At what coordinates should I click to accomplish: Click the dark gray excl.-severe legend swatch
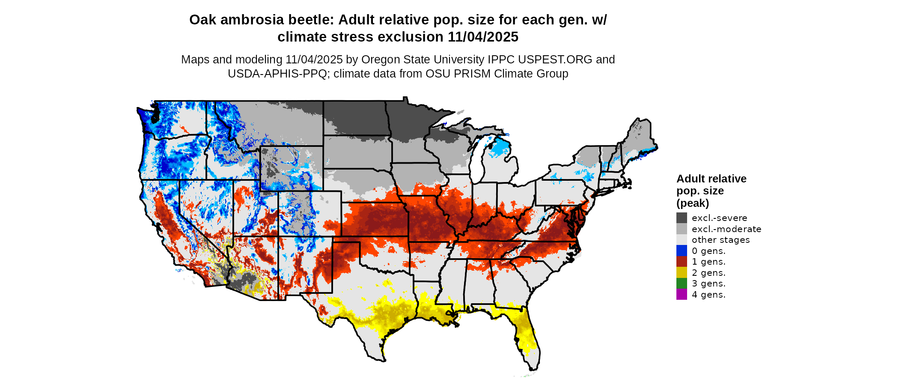coord(682,218)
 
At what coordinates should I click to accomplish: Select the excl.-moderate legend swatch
coord(682,229)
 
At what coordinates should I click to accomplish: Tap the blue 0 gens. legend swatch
coord(682,251)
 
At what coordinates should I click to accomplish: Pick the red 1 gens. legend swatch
coord(682,262)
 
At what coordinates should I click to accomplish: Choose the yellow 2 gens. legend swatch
coord(682,272)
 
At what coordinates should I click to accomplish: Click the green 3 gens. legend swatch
coord(682,284)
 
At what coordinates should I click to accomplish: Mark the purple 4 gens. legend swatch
coord(682,294)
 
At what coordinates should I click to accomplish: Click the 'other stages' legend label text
coord(720,240)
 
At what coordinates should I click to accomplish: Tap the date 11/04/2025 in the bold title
coord(483,37)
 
